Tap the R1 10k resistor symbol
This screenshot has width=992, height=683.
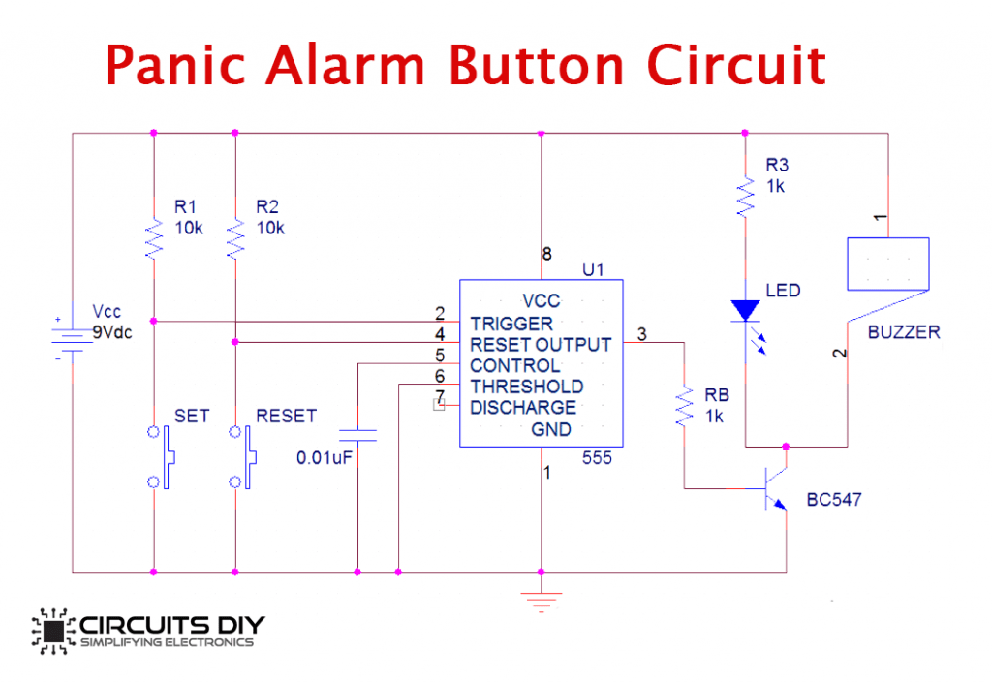tap(154, 237)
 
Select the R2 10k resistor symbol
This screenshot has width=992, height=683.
tap(235, 237)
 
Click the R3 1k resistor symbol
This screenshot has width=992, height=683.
tap(744, 197)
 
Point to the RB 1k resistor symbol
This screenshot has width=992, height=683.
tap(685, 407)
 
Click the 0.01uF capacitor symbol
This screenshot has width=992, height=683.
tap(357, 433)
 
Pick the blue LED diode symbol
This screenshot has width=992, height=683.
tap(744, 310)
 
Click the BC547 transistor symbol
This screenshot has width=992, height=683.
tap(776, 489)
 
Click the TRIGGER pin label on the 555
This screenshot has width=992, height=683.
tap(511, 323)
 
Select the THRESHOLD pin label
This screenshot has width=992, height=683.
tap(527, 387)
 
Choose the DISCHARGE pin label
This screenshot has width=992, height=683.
tap(523, 408)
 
